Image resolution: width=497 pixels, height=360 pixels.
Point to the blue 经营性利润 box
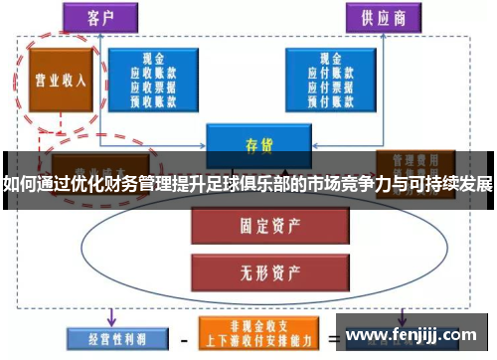pyautogui.click(x=109, y=337)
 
